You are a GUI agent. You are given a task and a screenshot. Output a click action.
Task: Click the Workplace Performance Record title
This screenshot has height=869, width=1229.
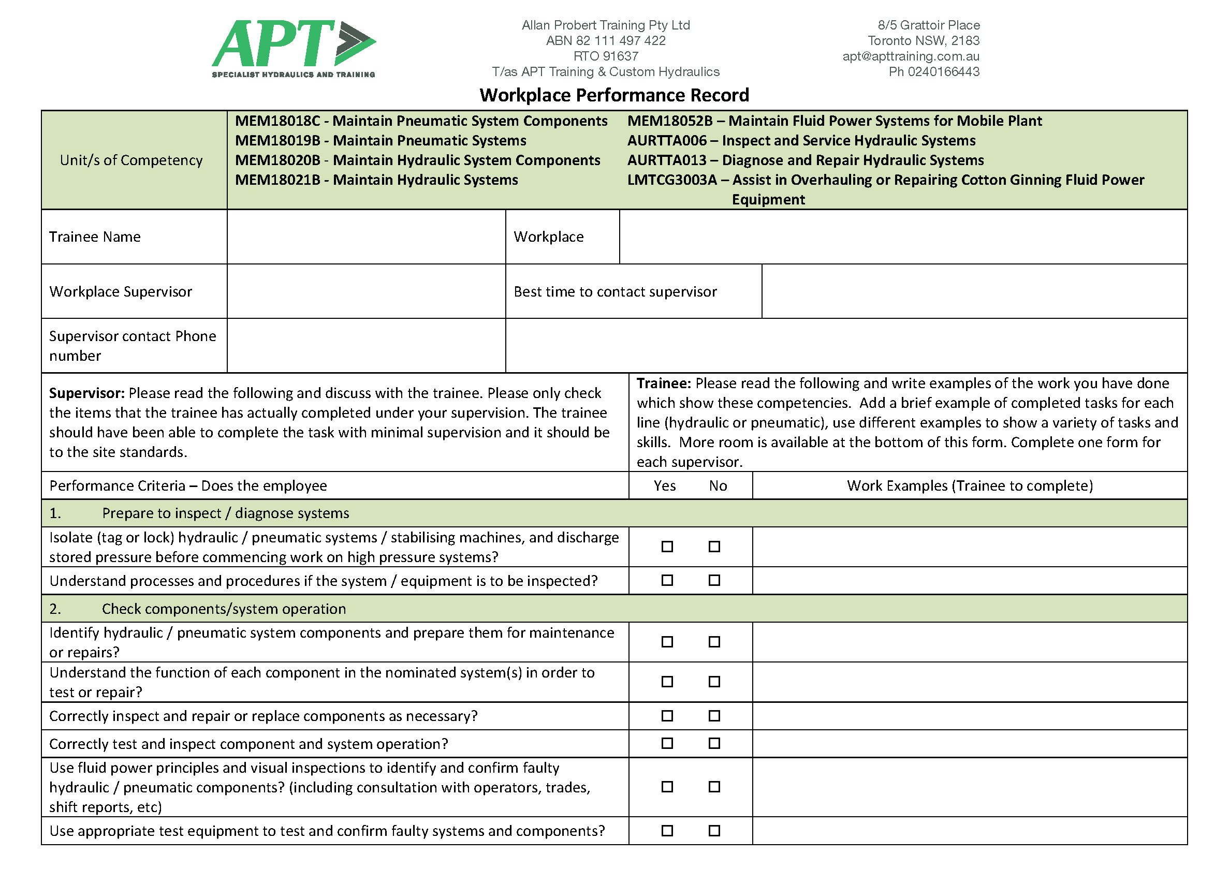click(x=614, y=95)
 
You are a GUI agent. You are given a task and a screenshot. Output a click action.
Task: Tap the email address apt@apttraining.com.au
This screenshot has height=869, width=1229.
click(x=911, y=56)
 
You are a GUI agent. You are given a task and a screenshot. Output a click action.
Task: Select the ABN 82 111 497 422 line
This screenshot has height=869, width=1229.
click(x=605, y=41)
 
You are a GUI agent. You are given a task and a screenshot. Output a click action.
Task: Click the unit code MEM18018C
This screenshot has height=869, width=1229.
click(x=277, y=121)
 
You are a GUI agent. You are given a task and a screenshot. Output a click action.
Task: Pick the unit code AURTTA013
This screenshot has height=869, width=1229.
click(x=666, y=160)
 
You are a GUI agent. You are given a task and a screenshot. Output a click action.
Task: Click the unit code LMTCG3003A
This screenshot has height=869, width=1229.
click(x=671, y=180)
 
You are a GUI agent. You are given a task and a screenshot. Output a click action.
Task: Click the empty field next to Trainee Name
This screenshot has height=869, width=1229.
click(x=366, y=237)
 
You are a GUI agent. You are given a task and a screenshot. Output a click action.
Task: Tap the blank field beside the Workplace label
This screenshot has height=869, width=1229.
click(x=902, y=237)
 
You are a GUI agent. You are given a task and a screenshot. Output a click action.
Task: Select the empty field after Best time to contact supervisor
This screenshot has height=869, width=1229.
click(x=974, y=291)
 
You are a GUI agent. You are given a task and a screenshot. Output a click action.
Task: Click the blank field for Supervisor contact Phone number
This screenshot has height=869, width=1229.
click(x=366, y=346)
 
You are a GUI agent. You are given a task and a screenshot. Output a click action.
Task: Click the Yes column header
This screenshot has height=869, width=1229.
click(x=664, y=486)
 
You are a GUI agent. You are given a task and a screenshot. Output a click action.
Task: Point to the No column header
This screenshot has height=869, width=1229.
click(x=718, y=486)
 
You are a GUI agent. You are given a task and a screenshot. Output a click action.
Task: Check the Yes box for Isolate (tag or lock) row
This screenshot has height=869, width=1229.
click(x=667, y=547)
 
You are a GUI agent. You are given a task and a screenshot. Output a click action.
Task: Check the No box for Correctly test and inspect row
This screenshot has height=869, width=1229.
click(x=714, y=744)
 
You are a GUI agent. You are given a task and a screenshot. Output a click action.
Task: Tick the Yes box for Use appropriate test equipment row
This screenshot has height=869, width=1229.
click(x=667, y=831)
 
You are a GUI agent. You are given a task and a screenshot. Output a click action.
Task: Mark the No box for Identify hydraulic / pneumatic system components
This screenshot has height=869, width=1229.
click(x=714, y=642)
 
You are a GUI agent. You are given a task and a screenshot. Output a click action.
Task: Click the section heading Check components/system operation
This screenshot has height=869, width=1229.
click(x=224, y=609)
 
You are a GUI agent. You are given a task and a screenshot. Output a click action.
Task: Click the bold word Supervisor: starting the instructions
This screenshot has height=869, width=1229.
click(x=87, y=393)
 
